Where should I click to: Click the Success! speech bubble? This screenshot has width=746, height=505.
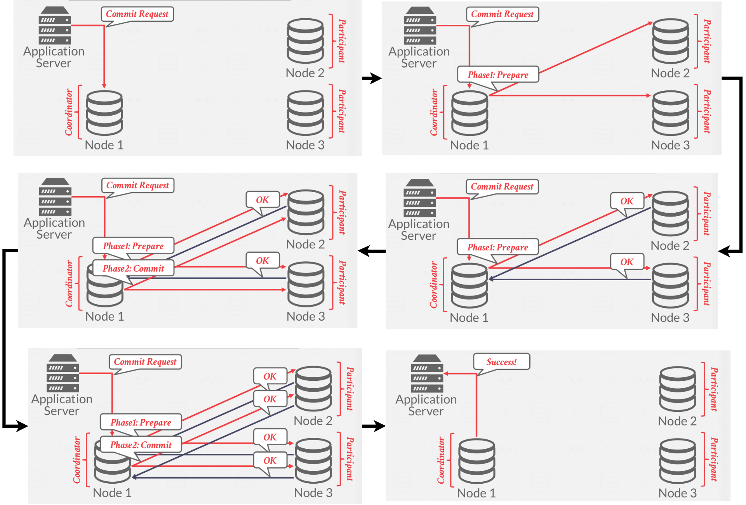tap(501, 362)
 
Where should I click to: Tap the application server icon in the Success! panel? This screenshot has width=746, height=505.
tap(427, 373)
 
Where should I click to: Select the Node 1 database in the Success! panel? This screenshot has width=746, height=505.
tap(476, 460)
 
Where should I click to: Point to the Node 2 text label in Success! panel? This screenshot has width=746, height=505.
tap(677, 421)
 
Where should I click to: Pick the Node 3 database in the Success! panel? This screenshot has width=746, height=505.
tap(678, 460)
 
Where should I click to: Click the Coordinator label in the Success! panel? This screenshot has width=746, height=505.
tap(441, 460)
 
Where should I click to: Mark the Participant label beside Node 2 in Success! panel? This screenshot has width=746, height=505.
tap(714, 389)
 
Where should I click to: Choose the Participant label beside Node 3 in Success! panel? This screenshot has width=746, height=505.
tap(714, 460)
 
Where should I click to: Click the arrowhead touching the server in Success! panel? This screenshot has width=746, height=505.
tap(446, 373)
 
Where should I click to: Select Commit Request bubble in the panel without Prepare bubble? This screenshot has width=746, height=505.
tap(137, 14)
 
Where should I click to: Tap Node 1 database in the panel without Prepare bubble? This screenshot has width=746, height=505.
tap(104, 113)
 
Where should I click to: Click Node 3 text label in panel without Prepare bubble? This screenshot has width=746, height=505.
tap(305, 145)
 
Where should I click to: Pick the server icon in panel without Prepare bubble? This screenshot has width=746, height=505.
tap(55, 26)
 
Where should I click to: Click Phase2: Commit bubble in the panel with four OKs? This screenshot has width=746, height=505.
tap(141, 445)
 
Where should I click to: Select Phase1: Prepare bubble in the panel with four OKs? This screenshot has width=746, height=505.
tap(141, 422)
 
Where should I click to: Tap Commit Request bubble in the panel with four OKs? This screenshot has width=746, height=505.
tap(145, 362)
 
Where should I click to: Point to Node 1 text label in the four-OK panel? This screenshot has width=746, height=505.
tap(112, 493)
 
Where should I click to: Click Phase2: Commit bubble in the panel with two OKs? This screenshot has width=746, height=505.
tap(133, 269)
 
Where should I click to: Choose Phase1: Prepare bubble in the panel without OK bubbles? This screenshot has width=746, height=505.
tap(498, 75)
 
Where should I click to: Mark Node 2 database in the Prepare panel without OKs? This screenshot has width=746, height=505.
tap(670, 41)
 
